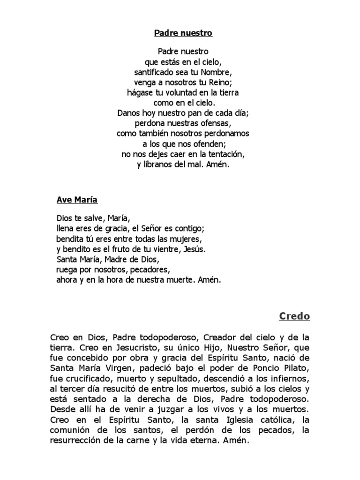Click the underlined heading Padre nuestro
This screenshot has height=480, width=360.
[x=183, y=33]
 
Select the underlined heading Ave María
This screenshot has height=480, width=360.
[x=77, y=200]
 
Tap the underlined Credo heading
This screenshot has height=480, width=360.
[x=294, y=316]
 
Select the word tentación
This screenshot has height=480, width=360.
[x=224, y=154]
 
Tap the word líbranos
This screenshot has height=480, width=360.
[x=158, y=165]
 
